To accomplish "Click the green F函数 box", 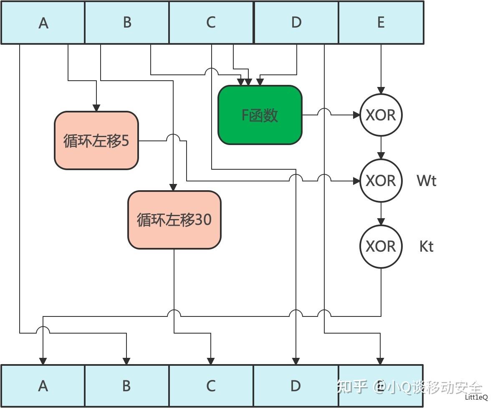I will (x=260, y=115).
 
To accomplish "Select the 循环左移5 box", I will (x=96, y=140).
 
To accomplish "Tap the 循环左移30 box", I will (x=174, y=220).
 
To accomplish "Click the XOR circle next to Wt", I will (x=381, y=181).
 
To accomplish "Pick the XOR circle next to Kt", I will (x=381, y=246).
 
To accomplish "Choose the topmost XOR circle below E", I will (x=381, y=115).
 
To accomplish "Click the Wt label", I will (x=426, y=181).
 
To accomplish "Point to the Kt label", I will (x=426, y=246).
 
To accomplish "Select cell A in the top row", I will (x=43, y=23).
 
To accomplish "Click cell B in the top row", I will (x=127, y=23).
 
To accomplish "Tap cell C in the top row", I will (x=211, y=23).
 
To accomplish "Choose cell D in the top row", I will (x=296, y=23).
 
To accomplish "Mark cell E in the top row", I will (x=381, y=23).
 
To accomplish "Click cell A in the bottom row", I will (x=43, y=386).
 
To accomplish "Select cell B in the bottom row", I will (x=127, y=386).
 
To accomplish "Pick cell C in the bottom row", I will (x=211, y=386).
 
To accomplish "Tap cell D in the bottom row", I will (x=295, y=386).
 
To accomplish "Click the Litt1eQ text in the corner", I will (x=476, y=397).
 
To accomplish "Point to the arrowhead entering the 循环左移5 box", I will (x=96, y=108).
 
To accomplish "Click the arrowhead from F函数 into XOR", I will (x=356, y=115).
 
